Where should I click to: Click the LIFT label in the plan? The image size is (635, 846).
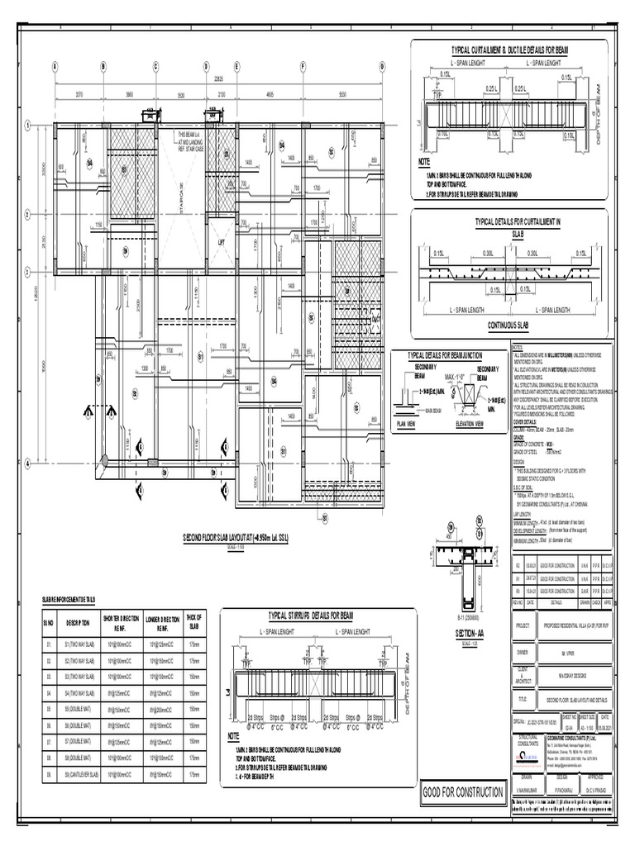[x=221, y=243]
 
